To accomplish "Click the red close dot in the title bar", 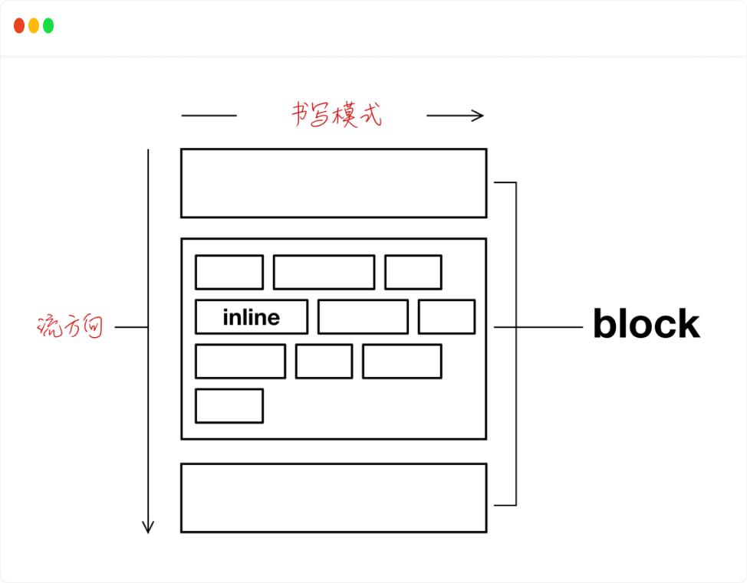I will [19, 26].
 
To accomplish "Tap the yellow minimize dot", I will [34, 26].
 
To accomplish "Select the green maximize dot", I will [48, 26].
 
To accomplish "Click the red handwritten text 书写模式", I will [336, 115].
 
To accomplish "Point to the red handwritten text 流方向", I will [70, 327].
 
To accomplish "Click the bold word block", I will [646, 325].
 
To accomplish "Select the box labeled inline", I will [252, 317].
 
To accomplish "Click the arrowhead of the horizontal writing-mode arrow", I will [479, 116].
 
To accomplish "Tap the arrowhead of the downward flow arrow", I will [148, 527].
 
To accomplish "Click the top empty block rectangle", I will [334, 183].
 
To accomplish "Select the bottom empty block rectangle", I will [334, 497].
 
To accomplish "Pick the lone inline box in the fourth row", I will [229, 406].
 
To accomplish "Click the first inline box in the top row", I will [229, 272].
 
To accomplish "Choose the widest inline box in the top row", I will [324, 272].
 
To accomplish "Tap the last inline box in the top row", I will [413, 272].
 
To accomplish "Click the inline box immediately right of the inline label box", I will [363, 317].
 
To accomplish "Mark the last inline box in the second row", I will [446, 317].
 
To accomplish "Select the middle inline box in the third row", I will [324, 362].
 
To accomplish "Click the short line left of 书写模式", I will [209, 116].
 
